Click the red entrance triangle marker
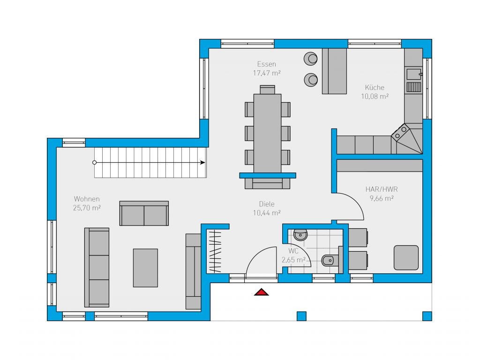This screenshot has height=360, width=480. click(x=261, y=292)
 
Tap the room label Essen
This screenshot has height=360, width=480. click(x=267, y=64)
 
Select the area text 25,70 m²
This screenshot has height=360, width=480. click(x=87, y=208)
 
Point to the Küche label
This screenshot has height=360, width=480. click(x=375, y=88)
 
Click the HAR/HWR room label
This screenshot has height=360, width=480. click(x=382, y=189)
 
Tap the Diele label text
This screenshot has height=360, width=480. click(x=267, y=204)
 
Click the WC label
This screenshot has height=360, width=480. click(x=293, y=251)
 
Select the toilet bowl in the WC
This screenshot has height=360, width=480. click(x=329, y=261)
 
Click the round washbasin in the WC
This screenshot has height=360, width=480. click(x=300, y=235)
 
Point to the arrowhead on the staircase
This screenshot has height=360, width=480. click(x=202, y=163)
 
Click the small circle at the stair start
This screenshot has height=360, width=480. click(x=94, y=163)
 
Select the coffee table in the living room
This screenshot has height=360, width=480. click(x=145, y=268)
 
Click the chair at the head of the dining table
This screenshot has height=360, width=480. click(x=267, y=90)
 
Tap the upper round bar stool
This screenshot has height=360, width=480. click(x=311, y=59)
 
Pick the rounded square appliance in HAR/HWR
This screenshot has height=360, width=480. click(x=406, y=257)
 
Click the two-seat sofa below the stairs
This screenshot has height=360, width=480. click(x=144, y=213)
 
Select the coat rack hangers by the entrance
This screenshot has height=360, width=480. click(x=215, y=252)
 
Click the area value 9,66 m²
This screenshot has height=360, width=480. click(x=382, y=198)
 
